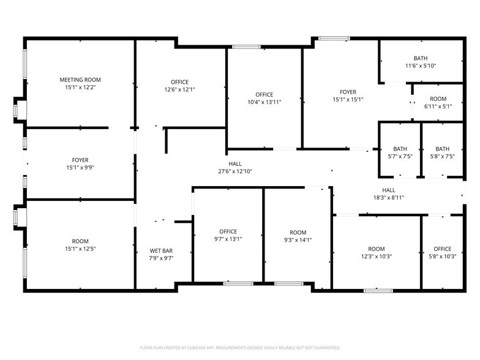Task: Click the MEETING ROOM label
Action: tap(80, 80)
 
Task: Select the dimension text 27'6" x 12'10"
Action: tap(236, 172)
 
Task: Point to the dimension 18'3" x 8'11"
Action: tap(389, 198)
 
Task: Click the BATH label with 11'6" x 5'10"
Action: tap(421, 58)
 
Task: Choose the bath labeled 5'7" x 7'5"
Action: tap(400, 149)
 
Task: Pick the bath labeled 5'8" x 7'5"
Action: tap(442, 149)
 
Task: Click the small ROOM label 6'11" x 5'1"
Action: tap(438, 99)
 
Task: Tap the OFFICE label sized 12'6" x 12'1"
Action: tap(179, 82)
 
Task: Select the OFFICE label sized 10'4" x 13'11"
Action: tap(264, 94)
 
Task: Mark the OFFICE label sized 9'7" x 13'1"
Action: tap(228, 231)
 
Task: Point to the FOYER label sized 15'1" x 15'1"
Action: tap(348, 92)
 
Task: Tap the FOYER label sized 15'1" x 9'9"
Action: tap(80, 159)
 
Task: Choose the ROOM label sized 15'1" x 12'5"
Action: tap(80, 241)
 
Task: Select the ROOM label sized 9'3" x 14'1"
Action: tap(298, 233)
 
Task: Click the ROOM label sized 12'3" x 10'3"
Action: tap(377, 249)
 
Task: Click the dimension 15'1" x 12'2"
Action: tap(80, 88)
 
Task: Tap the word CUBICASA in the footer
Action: tap(197, 347)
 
